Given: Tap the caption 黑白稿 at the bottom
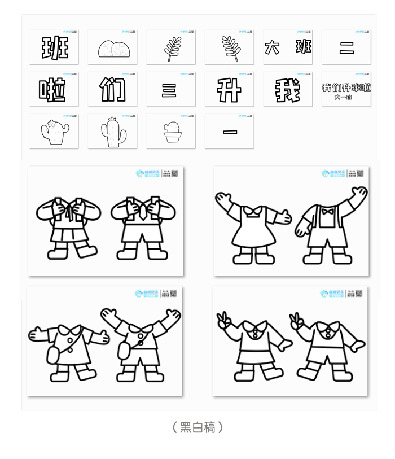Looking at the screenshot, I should [x=197, y=427].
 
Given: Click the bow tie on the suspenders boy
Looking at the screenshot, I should [x=327, y=213].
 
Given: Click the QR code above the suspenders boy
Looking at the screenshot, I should [x=360, y=173].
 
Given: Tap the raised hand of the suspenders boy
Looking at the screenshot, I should [x=358, y=194].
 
